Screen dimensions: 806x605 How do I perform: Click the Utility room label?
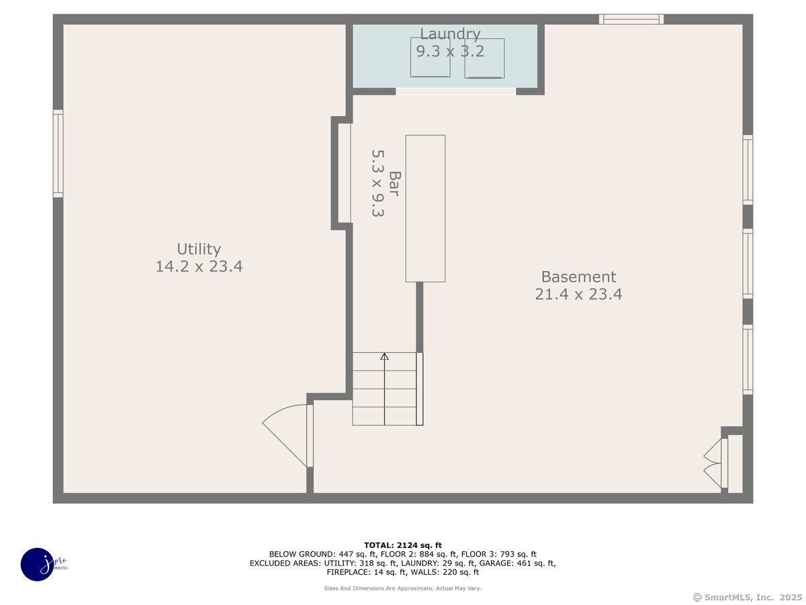[x=199, y=249]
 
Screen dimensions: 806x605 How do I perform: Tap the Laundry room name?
[x=450, y=34]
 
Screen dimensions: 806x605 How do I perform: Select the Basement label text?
[x=578, y=277]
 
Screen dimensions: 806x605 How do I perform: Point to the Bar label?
[x=395, y=184]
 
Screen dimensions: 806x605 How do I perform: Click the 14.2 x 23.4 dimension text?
[x=199, y=266]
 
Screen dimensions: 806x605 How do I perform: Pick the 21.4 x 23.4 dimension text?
[x=578, y=294]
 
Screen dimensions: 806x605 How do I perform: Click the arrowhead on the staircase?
[x=384, y=356]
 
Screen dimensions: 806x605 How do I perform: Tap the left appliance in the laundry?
[x=430, y=58]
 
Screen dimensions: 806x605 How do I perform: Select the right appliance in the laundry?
[x=484, y=58]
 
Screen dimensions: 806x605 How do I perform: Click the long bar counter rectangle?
[x=425, y=208]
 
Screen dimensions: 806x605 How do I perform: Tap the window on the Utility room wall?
[x=58, y=153]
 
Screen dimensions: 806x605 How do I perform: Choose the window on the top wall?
[x=631, y=19]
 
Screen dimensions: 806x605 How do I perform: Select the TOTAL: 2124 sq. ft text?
[x=403, y=545]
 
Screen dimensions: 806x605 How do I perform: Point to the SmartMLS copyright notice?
[x=748, y=597]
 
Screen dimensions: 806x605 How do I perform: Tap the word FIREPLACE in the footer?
[x=349, y=572]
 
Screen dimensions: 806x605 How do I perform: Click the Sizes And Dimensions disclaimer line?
[x=402, y=588]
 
